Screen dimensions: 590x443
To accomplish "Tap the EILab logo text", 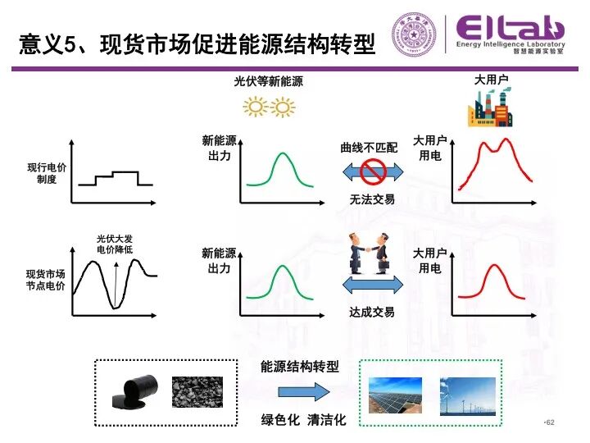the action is pyautogui.click(x=511, y=28).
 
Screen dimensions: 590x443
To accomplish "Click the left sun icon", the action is pyautogui.click(x=256, y=107).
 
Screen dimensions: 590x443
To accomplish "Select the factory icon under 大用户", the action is pyautogui.click(x=490, y=107).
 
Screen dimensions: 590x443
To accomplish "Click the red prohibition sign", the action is pyautogui.click(x=373, y=171).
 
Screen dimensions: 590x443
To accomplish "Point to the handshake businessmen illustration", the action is pyautogui.click(x=369, y=253).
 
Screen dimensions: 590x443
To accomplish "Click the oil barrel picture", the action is pyautogui.click(x=134, y=392).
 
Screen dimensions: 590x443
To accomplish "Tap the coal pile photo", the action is pyautogui.click(x=197, y=392).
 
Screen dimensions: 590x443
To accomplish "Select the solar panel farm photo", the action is pyautogui.click(x=395, y=395).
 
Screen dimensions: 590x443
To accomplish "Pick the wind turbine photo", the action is pyautogui.click(x=468, y=396).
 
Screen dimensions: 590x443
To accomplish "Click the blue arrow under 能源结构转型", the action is pyautogui.click(x=304, y=392).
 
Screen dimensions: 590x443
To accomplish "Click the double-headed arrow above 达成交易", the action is pyautogui.click(x=373, y=285).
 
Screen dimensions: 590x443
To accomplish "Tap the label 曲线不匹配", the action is pyautogui.click(x=369, y=148).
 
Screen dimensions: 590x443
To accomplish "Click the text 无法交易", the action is pyautogui.click(x=372, y=199).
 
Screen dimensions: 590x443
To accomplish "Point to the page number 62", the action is pyautogui.click(x=550, y=422).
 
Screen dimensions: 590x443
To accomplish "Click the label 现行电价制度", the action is pyautogui.click(x=47, y=173).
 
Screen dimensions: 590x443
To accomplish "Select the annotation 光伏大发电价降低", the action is pyautogui.click(x=115, y=244).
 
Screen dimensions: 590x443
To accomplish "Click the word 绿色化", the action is pyautogui.click(x=280, y=420).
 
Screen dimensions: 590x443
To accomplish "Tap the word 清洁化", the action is pyautogui.click(x=327, y=420).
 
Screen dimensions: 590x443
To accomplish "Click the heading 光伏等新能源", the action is pyautogui.click(x=268, y=81).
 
